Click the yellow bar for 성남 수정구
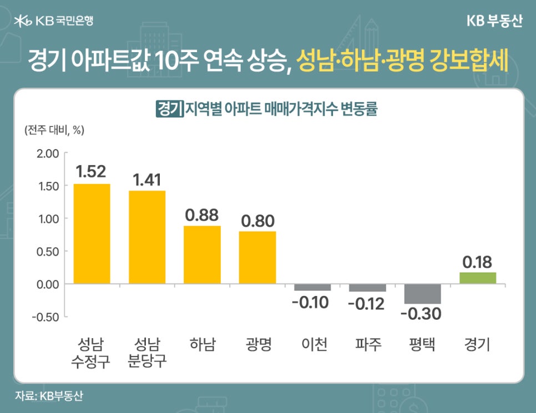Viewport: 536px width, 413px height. pos(92,233)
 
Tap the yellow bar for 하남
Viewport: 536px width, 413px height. pos(202,254)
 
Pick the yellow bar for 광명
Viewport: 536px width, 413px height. pos(257,257)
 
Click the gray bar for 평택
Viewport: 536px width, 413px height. pos(422,293)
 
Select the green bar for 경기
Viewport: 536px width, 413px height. pos(477,278)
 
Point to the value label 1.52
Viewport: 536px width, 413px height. pos(91,172)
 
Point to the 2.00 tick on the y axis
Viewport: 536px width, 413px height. pos(48,154)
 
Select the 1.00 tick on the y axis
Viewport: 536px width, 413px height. pos(48,219)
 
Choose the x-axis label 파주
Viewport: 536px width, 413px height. pos(368,345)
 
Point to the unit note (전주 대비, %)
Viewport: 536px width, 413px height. pos(53,131)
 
